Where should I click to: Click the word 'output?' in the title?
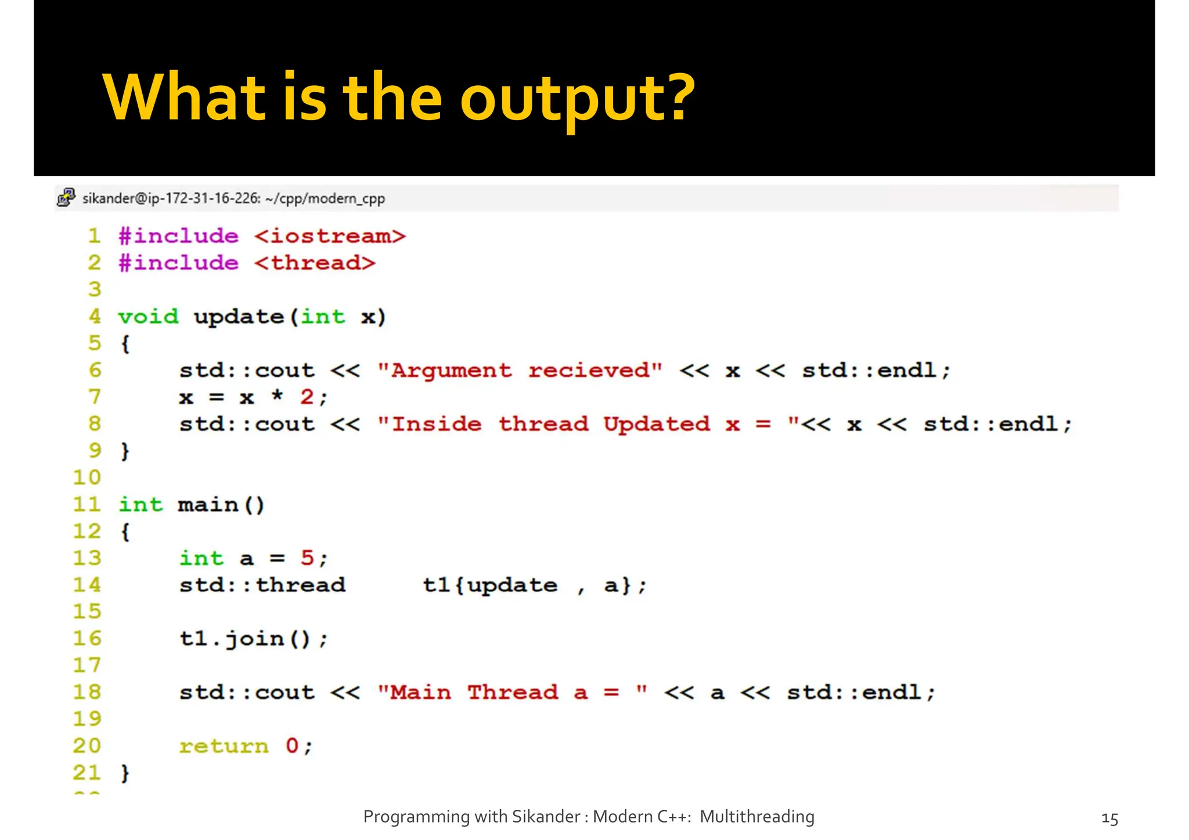pos(578,99)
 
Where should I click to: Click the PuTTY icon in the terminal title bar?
pos(66,198)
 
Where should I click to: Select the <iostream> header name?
pos(330,236)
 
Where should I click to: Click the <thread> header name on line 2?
pos(315,263)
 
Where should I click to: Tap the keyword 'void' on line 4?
pos(148,317)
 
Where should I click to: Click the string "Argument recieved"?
pos(520,370)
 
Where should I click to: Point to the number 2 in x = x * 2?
pos(307,397)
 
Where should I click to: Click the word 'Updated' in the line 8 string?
pos(656,424)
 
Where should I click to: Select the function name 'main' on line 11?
pos(208,505)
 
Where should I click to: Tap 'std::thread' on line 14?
pos(262,585)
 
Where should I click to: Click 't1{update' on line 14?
pos(490,585)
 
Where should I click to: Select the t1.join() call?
pos(253,639)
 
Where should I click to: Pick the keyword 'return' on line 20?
pos(224,746)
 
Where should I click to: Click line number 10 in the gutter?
pos(87,477)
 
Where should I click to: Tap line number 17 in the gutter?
pos(87,665)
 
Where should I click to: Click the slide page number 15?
pos(1109,819)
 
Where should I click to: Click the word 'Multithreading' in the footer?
pos(756,817)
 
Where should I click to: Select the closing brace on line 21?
pos(125,773)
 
